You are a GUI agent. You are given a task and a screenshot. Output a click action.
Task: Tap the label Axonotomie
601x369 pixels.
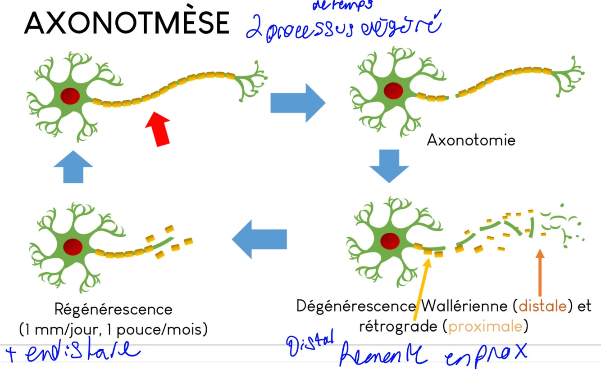pyautogui.click(x=470, y=140)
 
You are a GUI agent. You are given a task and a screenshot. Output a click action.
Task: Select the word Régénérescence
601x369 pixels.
pyautogui.click(x=113, y=310)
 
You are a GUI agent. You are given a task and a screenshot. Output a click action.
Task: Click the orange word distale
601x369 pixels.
pyautogui.click(x=542, y=306)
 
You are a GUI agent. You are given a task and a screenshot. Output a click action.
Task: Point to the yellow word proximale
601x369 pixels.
pyautogui.click(x=487, y=326)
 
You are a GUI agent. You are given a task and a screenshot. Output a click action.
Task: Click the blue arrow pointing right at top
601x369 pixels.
pyautogui.click(x=297, y=103)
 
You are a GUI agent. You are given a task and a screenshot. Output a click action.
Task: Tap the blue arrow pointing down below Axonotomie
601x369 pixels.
pyautogui.click(x=389, y=166)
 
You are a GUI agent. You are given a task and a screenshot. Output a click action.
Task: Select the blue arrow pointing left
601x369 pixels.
pyautogui.click(x=260, y=238)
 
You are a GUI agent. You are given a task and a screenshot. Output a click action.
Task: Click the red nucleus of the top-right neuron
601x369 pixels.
pyautogui.click(x=394, y=90)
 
